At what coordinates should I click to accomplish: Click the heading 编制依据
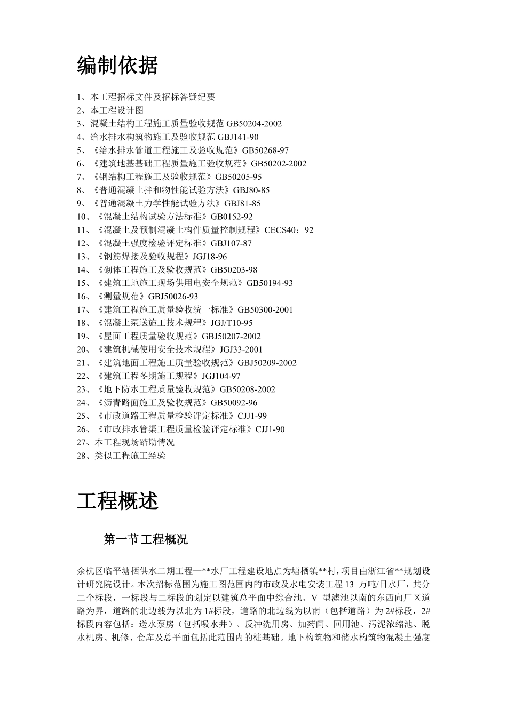(x=117, y=66)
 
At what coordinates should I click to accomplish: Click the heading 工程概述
(x=117, y=501)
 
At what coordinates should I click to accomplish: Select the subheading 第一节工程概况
(x=146, y=539)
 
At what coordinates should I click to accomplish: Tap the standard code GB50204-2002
(x=254, y=124)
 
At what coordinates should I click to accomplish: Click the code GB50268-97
(x=265, y=150)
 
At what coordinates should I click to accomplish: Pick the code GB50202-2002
(x=279, y=164)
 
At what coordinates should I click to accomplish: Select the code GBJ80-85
(x=251, y=190)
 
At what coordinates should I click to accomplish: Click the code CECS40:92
(x=289, y=230)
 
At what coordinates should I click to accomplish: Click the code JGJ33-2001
(x=241, y=349)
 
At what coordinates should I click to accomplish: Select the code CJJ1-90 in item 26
(x=270, y=429)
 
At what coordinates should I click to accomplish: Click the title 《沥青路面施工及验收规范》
(x=152, y=403)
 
